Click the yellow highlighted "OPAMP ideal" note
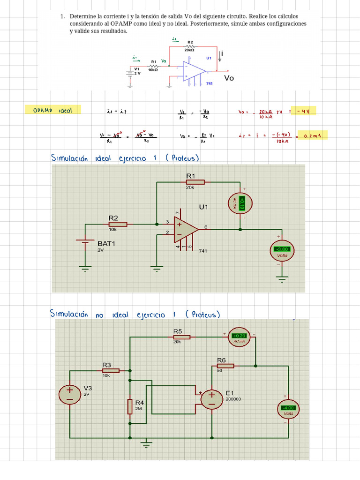[x=52, y=110]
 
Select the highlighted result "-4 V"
[x=303, y=111]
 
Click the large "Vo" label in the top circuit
[x=229, y=78]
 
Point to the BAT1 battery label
[x=106, y=244]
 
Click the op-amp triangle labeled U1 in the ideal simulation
[x=186, y=229]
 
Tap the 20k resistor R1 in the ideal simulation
[x=195, y=182]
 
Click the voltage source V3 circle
[x=69, y=394]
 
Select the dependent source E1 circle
[x=211, y=399]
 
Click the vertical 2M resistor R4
[x=130, y=406]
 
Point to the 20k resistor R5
[x=180, y=337]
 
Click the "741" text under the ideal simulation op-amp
[x=202, y=251]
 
